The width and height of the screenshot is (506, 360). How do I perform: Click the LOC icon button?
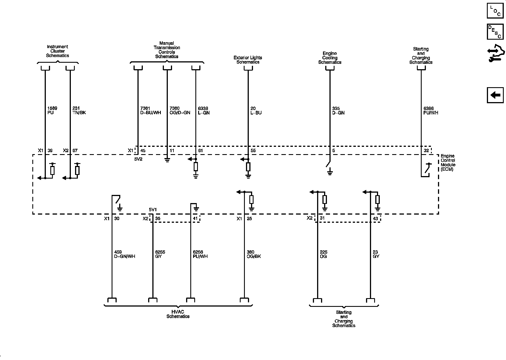(x=495, y=10)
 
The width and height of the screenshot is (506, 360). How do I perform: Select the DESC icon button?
(x=495, y=31)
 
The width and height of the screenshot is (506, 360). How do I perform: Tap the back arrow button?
(x=495, y=95)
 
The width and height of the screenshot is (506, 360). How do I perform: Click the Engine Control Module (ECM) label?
(x=448, y=163)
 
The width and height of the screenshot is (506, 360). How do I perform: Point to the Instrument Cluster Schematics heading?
(x=58, y=51)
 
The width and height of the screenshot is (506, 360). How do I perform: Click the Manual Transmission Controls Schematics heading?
(x=167, y=50)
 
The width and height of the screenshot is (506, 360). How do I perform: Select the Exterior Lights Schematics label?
(x=248, y=60)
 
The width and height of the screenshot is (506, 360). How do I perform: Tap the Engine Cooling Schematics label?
(x=330, y=58)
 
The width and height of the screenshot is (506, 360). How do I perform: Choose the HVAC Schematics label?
(x=178, y=314)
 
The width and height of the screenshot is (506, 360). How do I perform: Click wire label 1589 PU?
(x=51, y=111)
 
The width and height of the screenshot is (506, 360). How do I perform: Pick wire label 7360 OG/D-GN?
(x=180, y=111)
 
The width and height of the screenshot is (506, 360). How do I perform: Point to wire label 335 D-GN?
(x=338, y=111)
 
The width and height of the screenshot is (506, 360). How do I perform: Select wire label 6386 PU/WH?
(x=431, y=111)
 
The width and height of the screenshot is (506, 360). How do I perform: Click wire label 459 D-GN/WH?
(x=125, y=254)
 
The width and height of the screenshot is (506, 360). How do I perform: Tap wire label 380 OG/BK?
(x=253, y=254)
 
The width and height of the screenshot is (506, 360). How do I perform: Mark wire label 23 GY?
(x=376, y=254)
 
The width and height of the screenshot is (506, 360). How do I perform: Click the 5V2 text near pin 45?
(x=138, y=159)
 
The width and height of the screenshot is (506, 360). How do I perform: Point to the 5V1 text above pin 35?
(x=153, y=210)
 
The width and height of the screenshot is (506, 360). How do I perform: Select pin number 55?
(x=253, y=150)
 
